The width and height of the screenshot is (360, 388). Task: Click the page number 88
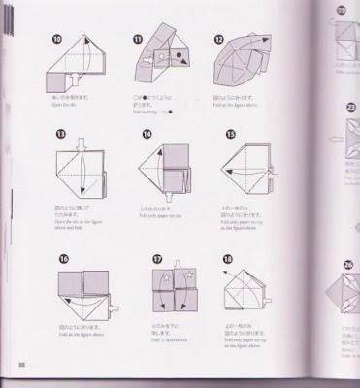tap(21, 364)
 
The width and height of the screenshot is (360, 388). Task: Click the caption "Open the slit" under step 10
tap(75, 108)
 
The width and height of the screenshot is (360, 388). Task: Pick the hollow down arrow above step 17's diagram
tap(179, 264)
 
